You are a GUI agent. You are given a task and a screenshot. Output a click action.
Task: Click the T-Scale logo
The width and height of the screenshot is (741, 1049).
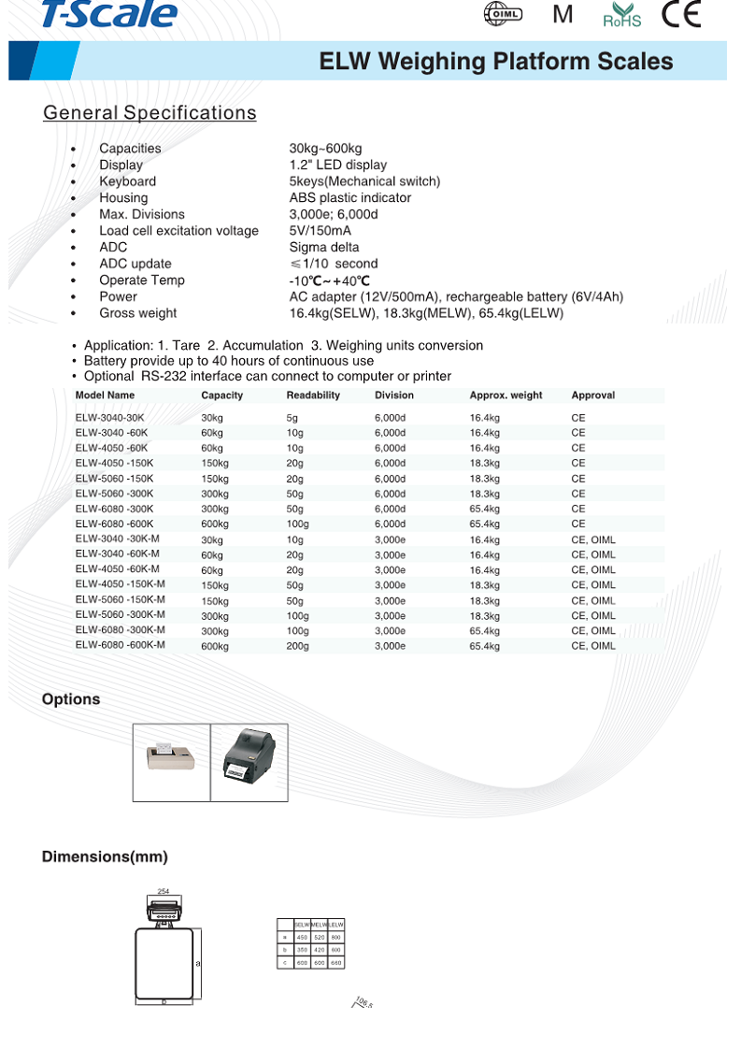[109, 13]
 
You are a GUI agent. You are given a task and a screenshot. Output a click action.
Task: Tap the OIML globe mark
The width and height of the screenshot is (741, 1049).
[503, 14]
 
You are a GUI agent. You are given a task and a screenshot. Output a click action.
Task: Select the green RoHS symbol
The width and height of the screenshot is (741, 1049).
[622, 15]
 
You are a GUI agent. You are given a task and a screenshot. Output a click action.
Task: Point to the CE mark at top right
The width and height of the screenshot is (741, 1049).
[680, 14]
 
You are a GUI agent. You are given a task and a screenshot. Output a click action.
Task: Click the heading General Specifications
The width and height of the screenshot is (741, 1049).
[150, 113]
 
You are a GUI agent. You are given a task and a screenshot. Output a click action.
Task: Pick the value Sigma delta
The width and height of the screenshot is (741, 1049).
[324, 247]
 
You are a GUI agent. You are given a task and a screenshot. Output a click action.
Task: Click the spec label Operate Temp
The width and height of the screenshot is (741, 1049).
[142, 280]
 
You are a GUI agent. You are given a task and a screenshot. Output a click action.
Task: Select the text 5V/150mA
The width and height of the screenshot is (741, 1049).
[321, 231]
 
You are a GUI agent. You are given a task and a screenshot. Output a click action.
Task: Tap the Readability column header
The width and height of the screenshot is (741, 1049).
[313, 395]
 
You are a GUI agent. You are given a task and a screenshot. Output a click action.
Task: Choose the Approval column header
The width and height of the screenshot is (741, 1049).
[593, 395]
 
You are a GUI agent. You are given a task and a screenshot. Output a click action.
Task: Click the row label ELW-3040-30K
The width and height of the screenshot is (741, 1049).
[110, 417]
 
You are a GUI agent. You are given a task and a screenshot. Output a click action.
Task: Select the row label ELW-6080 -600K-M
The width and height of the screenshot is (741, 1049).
[121, 645]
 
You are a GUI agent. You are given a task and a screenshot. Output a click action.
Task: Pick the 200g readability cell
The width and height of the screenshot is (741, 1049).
[297, 646]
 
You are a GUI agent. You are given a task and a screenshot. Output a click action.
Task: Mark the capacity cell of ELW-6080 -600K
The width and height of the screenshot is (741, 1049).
[215, 524]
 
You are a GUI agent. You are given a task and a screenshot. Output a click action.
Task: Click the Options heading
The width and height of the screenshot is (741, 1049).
[71, 699]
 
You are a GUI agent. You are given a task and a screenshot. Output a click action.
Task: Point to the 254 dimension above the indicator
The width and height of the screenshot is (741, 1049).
[164, 891]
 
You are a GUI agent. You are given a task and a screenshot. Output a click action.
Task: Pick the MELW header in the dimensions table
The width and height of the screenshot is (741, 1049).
[320, 924]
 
